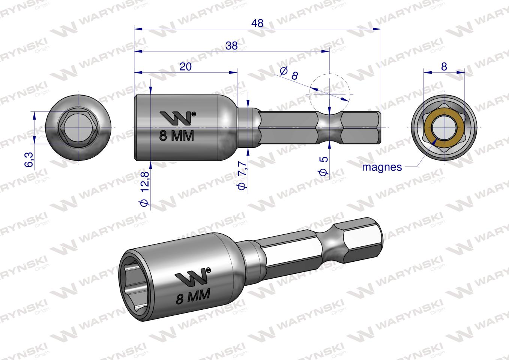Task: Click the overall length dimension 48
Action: [257, 23]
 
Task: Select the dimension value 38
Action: [231, 46]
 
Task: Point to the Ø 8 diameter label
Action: [289, 73]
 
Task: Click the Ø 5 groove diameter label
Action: [324, 165]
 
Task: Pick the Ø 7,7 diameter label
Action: [243, 175]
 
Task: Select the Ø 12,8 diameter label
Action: [144, 188]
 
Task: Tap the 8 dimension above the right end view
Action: [444, 67]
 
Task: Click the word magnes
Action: [381, 167]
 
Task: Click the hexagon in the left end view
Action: [78, 127]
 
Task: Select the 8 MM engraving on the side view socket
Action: [177, 136]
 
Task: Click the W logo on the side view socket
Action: [177, 118]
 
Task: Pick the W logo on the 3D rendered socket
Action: [192, 277]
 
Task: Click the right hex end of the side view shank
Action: [362, 127]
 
